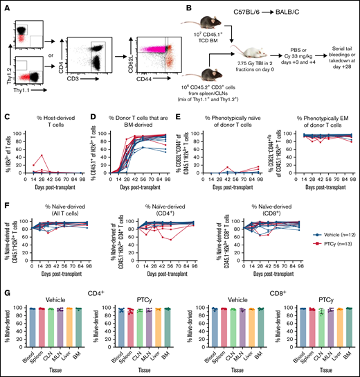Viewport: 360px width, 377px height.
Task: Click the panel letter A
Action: click(x=5, y=5)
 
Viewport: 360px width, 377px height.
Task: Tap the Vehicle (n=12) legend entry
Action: click(x=330, y=235)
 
